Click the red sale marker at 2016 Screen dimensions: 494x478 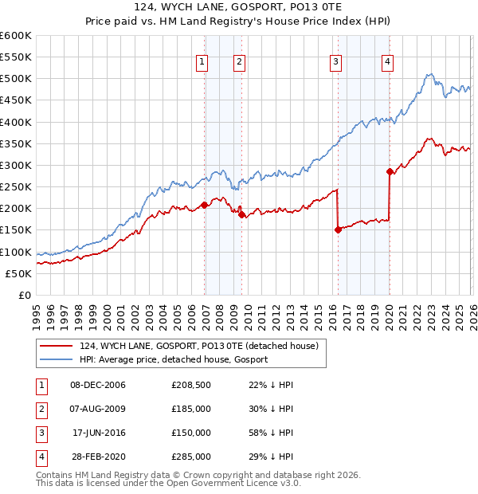tap(338, 229)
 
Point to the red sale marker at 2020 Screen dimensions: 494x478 tap(390, 171)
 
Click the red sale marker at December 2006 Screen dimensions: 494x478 tap(205, 205)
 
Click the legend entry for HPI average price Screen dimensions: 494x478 tap(173, 359)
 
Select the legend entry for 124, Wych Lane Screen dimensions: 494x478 tap(198, 346)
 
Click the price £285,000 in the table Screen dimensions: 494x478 tap(191, 457)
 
